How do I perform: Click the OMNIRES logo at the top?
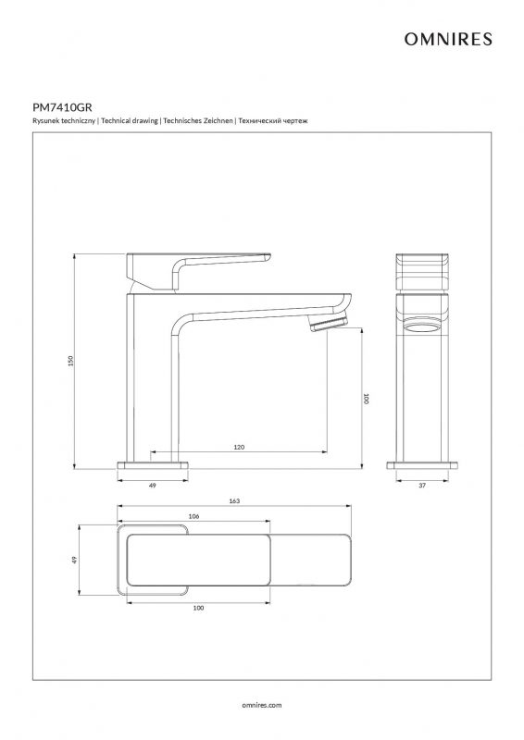point(448,39)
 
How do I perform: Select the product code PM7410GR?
point(62,107)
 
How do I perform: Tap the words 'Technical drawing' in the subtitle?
point(130,121)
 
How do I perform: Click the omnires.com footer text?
point(262,705)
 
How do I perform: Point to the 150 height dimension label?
point(71,361)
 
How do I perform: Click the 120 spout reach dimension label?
point(239,447)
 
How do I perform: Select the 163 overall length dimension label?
point(234,500)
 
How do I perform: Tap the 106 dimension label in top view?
point(193,516)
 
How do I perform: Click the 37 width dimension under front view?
point(422,485)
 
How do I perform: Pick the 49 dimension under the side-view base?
point(152,485)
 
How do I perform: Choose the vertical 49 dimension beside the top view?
point(74,561)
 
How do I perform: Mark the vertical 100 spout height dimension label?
point(367,399)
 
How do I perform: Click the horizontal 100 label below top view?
point(198,608)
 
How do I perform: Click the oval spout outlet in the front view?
point(422,327)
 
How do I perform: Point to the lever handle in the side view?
point(198,270)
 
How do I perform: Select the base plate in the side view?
point(153,465)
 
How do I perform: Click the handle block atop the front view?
point(422,272)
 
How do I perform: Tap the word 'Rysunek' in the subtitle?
point(44,121)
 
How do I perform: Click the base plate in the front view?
point(422,465)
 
